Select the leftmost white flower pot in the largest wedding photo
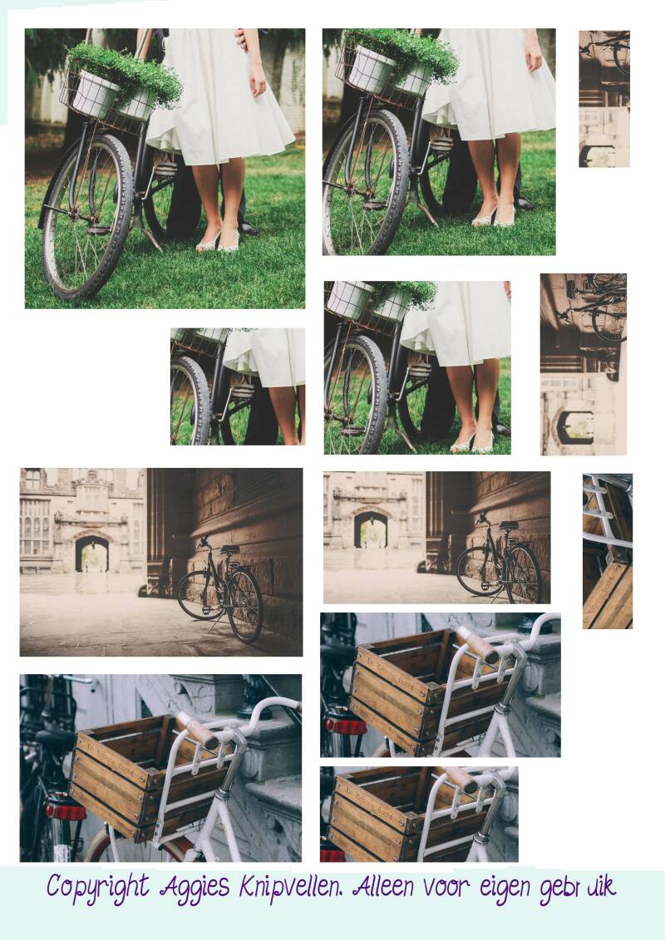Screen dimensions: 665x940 click(x=94, y=94)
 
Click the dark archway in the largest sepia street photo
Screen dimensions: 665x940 click(x=91, y=554)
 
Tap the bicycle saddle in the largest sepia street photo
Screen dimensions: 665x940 click(x=229, y=549)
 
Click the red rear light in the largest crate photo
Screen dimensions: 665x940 click(x=66, y=812)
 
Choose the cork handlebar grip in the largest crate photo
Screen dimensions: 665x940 click(x=198, y=731)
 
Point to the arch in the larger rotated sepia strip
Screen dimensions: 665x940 click(x=575, y=427)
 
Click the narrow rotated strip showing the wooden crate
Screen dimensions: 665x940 click(x=608, y=551)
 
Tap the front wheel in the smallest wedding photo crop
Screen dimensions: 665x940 click(x=190, y=401)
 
